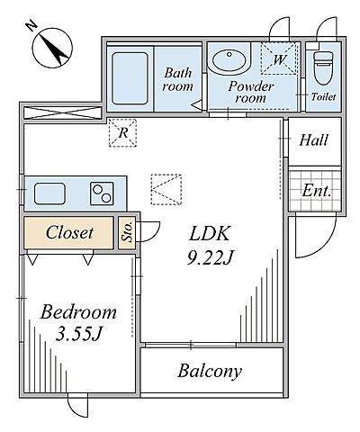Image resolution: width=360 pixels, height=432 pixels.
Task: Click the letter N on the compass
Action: click(31, 26)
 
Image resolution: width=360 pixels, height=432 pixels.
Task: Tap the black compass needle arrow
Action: click(54, 49)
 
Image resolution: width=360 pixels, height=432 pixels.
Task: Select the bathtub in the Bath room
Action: click(130, 78)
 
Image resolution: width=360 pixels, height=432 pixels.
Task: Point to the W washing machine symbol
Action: click(279, 58)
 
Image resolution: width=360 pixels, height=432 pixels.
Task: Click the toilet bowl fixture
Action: click(323, 67)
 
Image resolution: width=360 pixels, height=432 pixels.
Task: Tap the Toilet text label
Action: click(323, 97)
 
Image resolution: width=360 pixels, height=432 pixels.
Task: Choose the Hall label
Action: click(313, 140)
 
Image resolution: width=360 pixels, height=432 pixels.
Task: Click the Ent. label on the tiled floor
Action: click(316, 191)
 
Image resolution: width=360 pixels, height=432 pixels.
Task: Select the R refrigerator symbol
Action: click(122, 133)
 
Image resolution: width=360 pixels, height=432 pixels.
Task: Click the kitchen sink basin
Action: click(49, 193)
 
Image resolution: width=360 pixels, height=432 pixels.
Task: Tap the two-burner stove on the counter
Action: click(102, 193)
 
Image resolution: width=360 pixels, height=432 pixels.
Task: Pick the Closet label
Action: click(69, 232)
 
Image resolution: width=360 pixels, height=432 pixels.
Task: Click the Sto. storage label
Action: click(127, 231)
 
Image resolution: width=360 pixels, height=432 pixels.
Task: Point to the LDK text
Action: click(210, 233)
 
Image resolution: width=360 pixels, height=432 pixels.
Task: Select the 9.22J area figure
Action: click(210, 257)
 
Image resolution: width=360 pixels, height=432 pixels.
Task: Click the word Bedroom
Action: click(78, 312)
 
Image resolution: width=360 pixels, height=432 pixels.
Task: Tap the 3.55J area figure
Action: click(78, 334)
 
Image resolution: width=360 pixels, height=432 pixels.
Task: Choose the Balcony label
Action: click(210, 371)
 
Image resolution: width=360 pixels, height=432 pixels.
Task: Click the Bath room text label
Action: click(177, 79)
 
